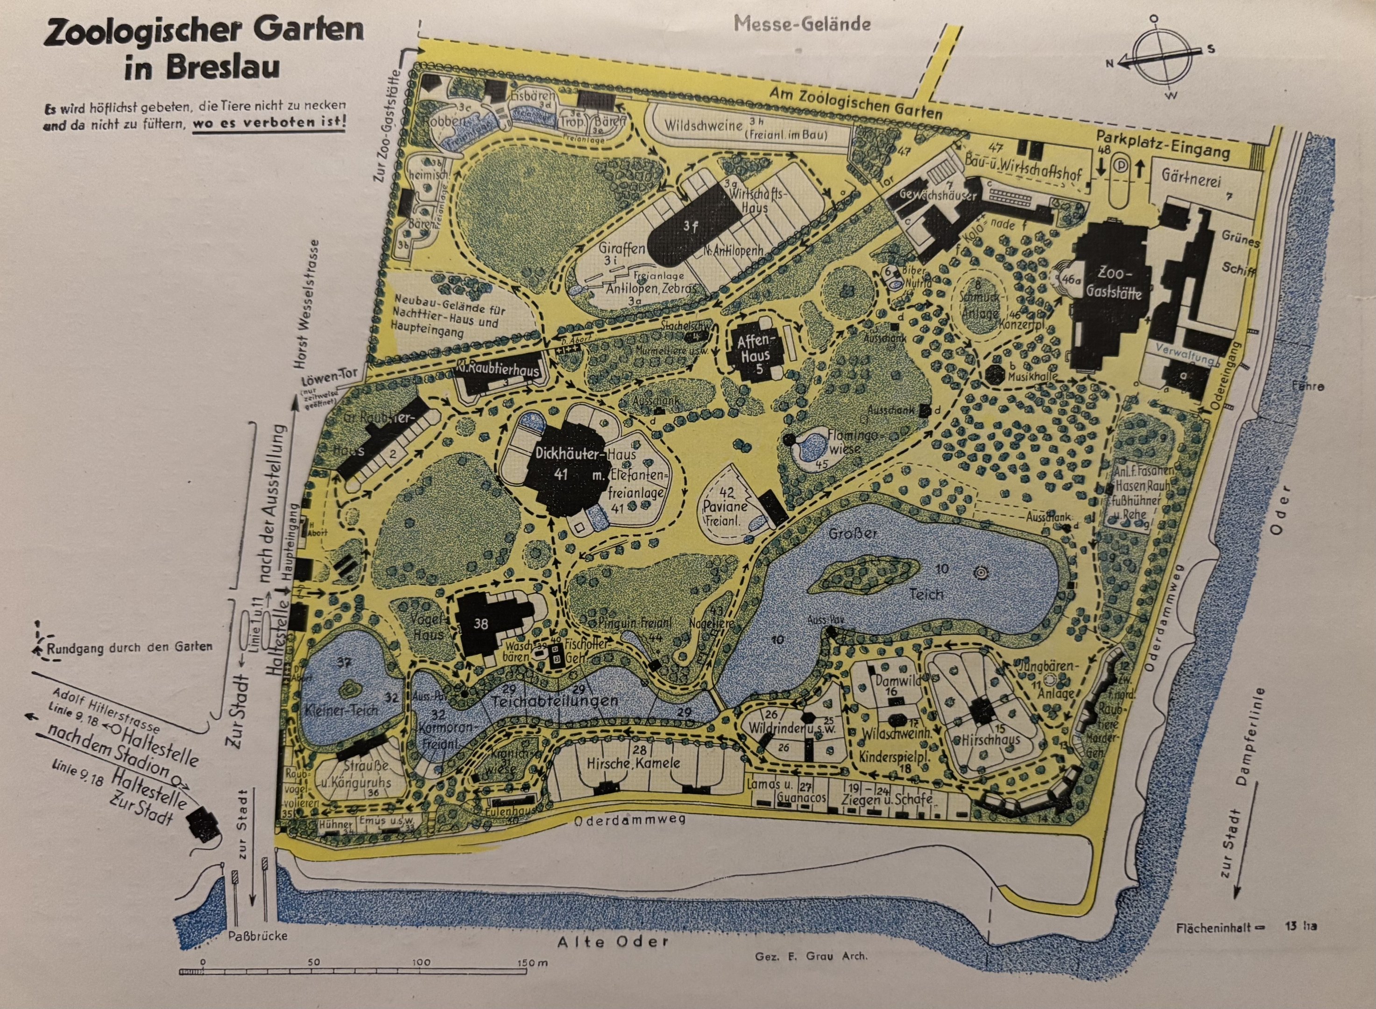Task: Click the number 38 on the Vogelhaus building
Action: point(481,623)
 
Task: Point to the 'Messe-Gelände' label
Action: point(802,24)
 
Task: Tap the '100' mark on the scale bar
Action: point(421,962)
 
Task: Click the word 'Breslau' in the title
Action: point(202,67)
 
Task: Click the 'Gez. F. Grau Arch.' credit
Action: point(811,956)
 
